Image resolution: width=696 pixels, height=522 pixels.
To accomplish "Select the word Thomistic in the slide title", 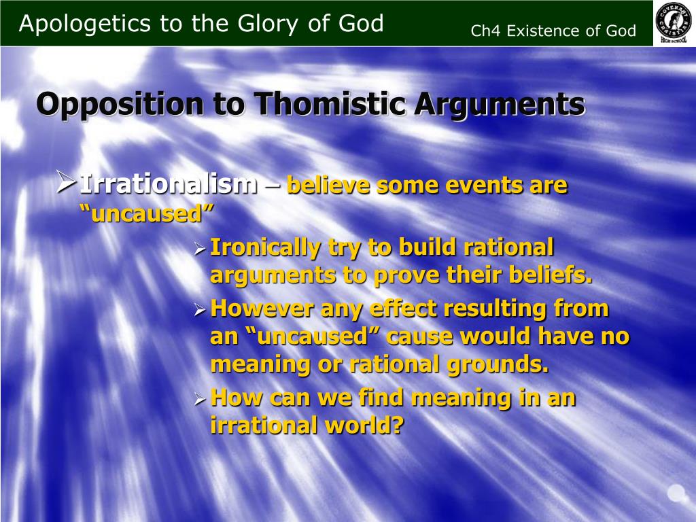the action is pos(330,104).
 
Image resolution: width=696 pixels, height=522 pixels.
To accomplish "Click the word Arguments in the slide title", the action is pos(500,105).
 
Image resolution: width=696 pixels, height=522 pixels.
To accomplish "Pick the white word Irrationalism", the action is pos(169,184).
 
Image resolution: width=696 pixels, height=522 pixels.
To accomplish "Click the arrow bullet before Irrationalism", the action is pos(66,182).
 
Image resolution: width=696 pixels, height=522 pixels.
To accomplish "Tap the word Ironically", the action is pos(264,247).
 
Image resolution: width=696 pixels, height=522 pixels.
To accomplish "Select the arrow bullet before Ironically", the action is pos(201,250).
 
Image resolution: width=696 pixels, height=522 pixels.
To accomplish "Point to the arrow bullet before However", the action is pos(201,311).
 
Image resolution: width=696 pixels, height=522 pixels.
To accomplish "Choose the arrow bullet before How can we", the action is pos(201,400).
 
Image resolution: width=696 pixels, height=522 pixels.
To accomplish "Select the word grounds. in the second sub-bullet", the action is pos(498,365).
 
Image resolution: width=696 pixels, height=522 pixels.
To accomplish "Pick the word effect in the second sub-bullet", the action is pos(404,308).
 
